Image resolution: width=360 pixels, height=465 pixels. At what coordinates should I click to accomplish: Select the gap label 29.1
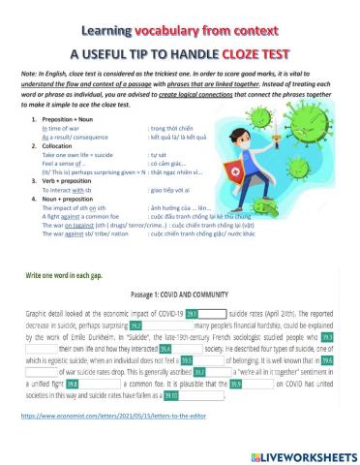point(192,314)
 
